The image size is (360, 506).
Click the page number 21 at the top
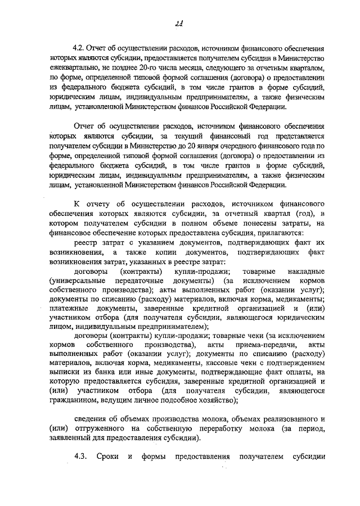pos(180,22)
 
